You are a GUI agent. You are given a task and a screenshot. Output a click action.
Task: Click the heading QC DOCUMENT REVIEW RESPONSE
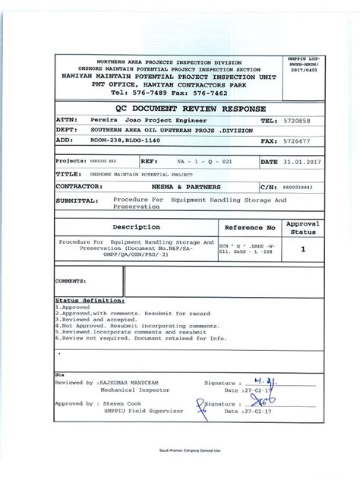pos(178,108)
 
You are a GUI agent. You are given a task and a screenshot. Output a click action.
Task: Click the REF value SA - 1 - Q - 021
pos(205,162)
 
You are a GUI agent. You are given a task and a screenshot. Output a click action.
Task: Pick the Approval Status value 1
pos(303,248)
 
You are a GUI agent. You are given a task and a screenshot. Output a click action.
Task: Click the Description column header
pos(136,227)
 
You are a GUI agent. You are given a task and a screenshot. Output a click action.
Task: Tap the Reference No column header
pos(250,227)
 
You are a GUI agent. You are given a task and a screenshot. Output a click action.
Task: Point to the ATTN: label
pos(67,121)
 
